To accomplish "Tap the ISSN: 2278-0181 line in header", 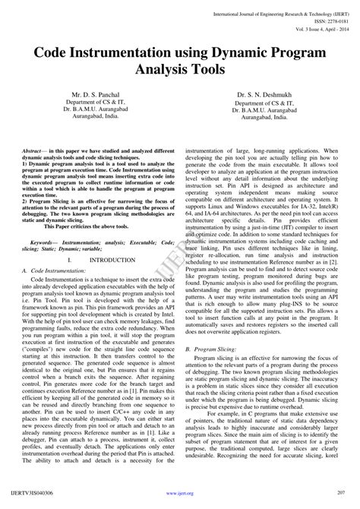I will (320, 14).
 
